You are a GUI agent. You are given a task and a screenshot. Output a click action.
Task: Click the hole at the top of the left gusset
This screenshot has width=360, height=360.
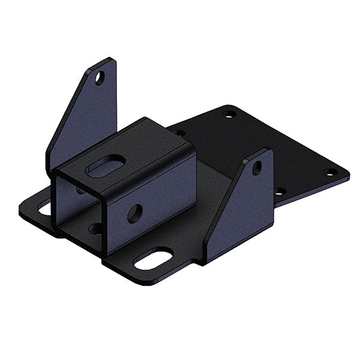(100, 77)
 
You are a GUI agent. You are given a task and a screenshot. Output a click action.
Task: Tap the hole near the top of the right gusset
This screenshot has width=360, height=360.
(257, 168)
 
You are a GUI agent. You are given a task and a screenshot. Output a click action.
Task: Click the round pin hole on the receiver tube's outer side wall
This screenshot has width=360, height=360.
(135, 213)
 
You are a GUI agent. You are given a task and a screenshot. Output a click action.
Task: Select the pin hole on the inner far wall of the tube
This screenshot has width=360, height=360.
(80, 191)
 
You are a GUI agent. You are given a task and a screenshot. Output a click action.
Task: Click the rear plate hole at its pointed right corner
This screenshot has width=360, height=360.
(329, 172)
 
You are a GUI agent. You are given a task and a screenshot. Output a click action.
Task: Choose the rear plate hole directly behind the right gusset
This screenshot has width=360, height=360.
(279, 192)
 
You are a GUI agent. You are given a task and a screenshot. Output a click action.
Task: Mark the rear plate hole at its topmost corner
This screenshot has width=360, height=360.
(228, 113)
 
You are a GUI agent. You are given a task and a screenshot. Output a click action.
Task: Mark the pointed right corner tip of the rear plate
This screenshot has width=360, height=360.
(349, 175)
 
